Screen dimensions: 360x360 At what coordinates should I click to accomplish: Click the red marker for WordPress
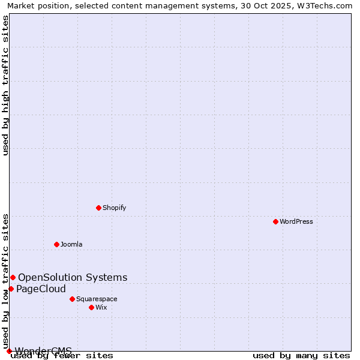[275, 221]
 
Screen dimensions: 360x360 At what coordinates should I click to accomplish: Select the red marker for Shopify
[98, 208]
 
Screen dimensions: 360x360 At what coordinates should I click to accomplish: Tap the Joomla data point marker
[56, 244]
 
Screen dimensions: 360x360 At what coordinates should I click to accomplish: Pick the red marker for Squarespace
[72, 299]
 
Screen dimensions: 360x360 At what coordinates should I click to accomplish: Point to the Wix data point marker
[91, 307]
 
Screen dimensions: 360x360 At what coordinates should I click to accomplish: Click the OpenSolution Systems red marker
[13, 277]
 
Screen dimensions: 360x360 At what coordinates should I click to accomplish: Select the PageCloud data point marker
[11, 289]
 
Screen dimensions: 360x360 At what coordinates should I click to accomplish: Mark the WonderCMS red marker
[9, 351]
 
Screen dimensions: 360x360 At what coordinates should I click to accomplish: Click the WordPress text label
[296, 221]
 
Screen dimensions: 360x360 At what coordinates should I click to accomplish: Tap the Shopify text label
[114, 208]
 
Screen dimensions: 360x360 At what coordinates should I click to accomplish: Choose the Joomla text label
[71, 244]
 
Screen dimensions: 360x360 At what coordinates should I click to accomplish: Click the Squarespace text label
[97, 299]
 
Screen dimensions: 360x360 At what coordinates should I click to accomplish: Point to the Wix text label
[101, 307]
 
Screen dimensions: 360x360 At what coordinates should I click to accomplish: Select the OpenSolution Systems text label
[73, 277]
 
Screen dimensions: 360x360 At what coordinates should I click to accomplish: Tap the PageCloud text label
[41, 289]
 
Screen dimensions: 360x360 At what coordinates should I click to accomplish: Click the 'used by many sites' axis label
[301, 355]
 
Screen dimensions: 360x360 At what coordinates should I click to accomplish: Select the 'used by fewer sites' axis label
[62, 355]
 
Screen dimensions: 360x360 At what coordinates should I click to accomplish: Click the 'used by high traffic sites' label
[6, 85]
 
